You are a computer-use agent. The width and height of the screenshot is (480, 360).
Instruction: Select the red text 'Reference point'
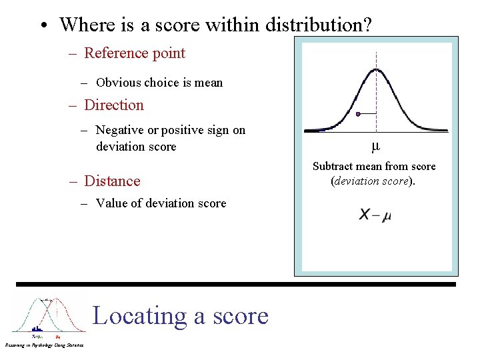click(x=135, y=53)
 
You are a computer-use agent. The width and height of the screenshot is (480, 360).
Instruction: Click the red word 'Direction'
click(x=114, y=105)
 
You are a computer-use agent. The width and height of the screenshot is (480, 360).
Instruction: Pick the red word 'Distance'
click(x=112, y=181)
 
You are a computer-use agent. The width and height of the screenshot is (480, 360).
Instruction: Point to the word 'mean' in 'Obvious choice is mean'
click(x=207, y=83)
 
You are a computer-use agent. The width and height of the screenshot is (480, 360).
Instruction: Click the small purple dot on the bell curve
click(x=358, y=114)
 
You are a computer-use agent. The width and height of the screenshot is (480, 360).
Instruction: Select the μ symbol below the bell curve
click(x=375, y=146)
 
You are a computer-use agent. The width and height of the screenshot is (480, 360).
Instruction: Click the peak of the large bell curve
click(x=376, y=69)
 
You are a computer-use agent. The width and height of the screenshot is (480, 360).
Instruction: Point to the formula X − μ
click(x=375, y=215)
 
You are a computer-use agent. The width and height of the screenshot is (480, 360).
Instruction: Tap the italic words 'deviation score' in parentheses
click(x=371, y=181)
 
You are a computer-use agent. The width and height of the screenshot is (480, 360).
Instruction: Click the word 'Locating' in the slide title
click(x=140, y=315)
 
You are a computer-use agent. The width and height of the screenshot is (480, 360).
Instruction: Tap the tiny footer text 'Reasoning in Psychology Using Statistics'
click(x=44, y=345)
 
